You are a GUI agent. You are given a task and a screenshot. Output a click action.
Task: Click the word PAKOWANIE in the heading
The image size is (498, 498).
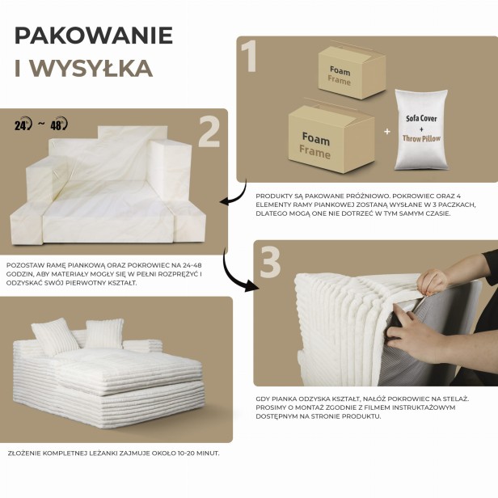tap(93, 36)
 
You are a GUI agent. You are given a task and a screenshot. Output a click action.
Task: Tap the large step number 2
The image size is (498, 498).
tap(209, 133)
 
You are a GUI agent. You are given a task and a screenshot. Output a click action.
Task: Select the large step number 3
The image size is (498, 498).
tap(270, 263)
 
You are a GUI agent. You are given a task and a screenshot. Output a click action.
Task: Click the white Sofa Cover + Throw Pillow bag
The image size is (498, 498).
tap(420, 129)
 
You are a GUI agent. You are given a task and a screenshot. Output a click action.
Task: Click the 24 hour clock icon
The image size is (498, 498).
tap(23, 124)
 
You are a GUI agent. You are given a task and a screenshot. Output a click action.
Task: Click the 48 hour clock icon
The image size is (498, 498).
tap(59, 124)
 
